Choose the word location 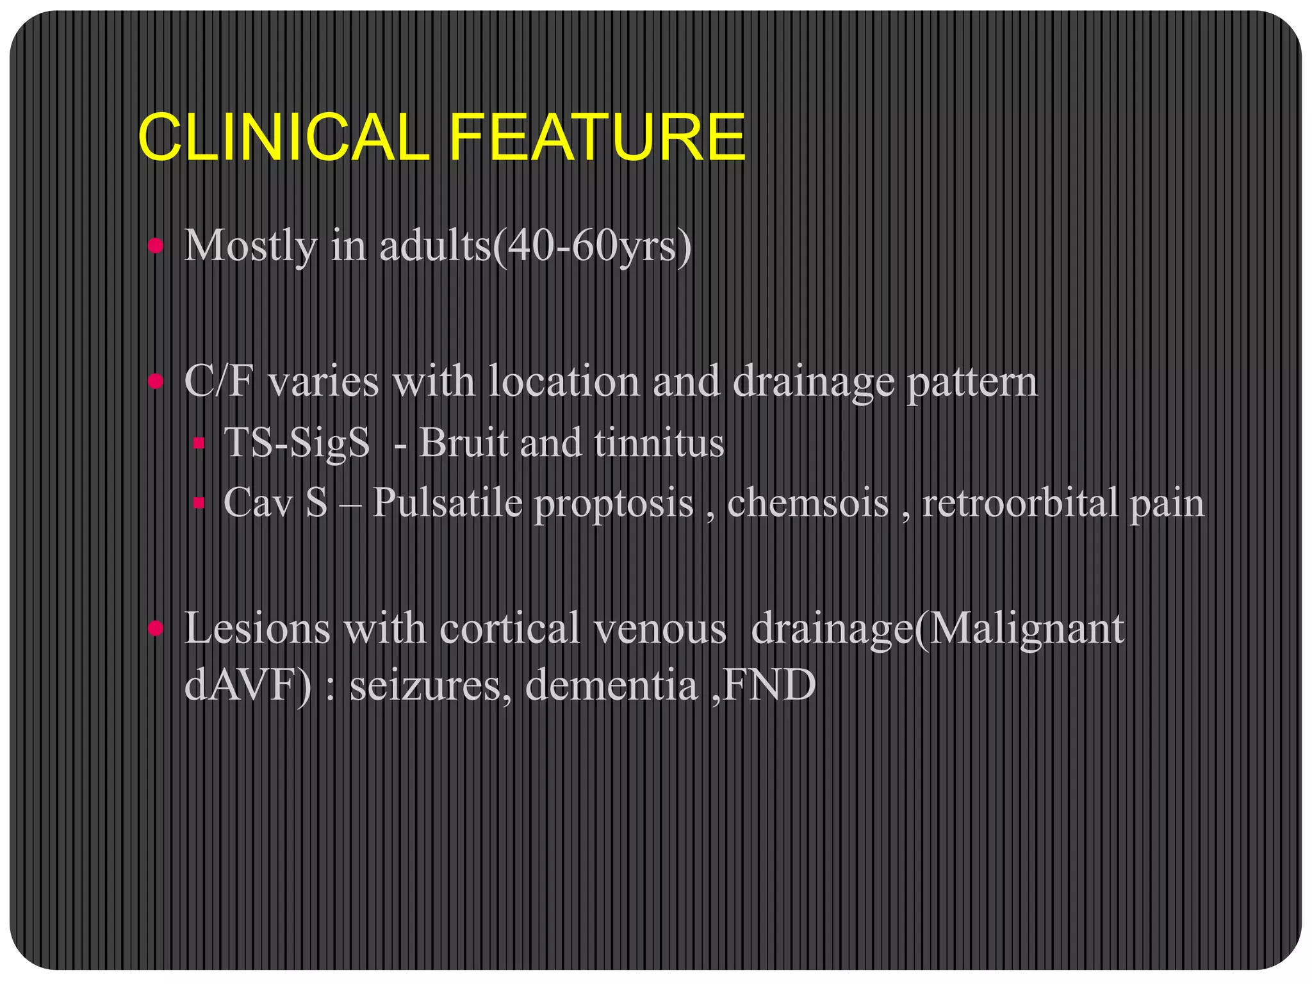564,382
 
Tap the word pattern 972,382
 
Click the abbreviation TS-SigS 297,443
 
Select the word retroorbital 1019,503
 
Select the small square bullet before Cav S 199,503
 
